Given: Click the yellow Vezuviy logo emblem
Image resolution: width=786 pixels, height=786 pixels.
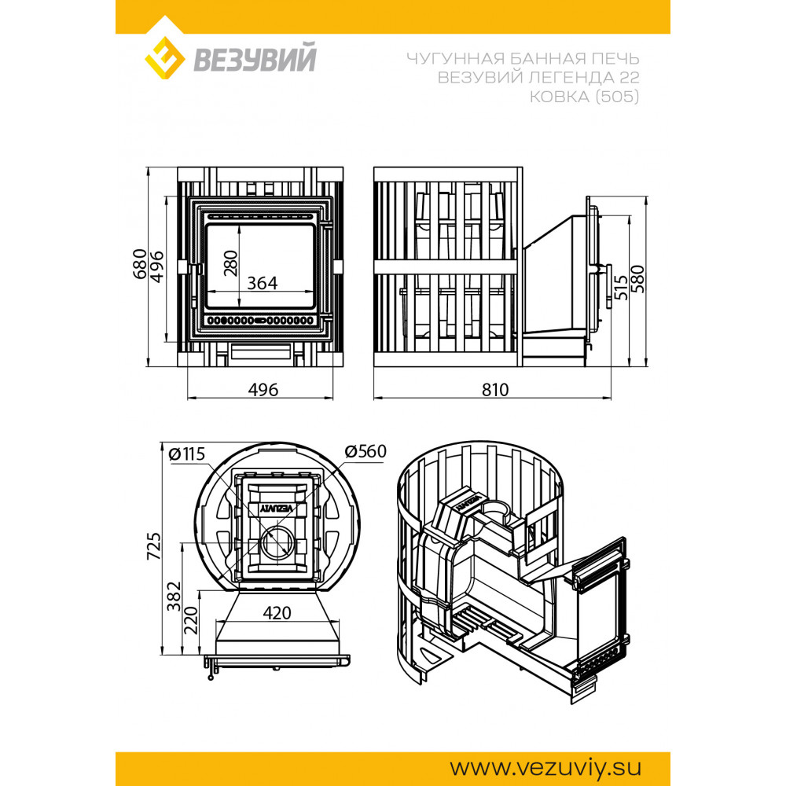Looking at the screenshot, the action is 164,58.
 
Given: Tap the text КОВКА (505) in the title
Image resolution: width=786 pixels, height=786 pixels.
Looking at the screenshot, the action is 585,96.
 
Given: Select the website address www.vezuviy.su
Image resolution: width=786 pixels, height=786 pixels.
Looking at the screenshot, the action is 545,767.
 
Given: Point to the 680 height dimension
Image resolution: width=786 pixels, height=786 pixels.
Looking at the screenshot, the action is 140,263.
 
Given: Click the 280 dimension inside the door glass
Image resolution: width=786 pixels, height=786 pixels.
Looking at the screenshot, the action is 230,263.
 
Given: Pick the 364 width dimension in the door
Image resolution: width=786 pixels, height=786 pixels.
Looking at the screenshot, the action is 263,283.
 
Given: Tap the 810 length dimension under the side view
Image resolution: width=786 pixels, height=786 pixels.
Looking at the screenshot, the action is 495,390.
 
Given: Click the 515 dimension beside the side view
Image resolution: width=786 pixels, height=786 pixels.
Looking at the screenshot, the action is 621,287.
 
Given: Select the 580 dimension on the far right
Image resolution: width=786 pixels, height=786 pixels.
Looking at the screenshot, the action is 637,279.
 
